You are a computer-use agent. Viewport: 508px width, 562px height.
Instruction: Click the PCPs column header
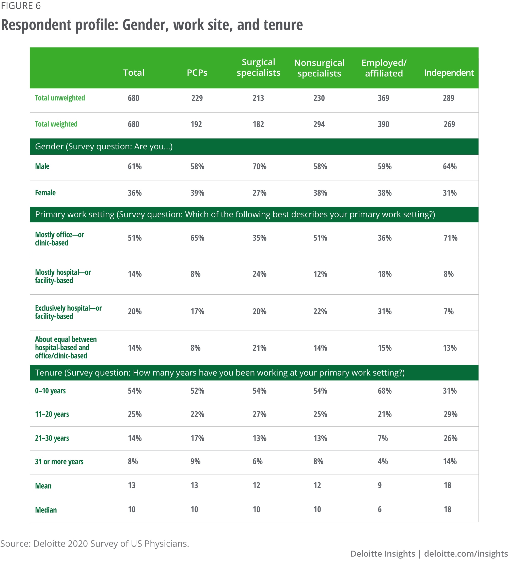pyautogui.click(x=197, y=73)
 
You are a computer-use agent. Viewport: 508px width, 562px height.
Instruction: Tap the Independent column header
pyautogui.click(x=449, y=73)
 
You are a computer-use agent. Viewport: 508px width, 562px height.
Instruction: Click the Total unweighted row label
pyautogui.click(x=60, y=98)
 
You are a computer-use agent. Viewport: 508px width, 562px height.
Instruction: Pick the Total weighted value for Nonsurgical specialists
pyautogui.click(x=319, y=124)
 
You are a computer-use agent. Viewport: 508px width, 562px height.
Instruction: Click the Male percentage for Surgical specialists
pyautogui.click(x=259, y=167)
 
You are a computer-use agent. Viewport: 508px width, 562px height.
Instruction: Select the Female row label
pyautogui.click(x=45, y=193)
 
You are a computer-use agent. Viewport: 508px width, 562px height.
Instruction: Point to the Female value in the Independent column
pyautogui.click(x=449, y=193)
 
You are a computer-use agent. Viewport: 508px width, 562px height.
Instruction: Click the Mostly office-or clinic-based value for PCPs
pyautogui.click(x=197, y=238)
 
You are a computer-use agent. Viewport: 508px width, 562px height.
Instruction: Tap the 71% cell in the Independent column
pyautogui.click(x=450, y=238)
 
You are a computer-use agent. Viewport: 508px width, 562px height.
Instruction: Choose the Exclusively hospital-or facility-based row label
pyautogui.click(x=68, y=312)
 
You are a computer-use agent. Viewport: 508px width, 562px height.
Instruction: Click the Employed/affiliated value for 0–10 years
pyautogui.click(x=385, y=391)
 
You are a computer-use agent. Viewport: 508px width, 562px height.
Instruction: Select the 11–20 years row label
pyautogui.click(x=52, y=414)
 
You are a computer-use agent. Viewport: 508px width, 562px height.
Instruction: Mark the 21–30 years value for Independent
pyautogui.click(x=450, y=438)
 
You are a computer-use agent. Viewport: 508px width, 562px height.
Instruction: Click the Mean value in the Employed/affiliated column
pyautogui.click(x=379, y=485)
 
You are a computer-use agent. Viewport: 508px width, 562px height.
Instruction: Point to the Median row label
pyautogui.click(x=46, y=510)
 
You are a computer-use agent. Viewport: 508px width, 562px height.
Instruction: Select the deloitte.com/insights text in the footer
pyautogui.click(x=466, y=554)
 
